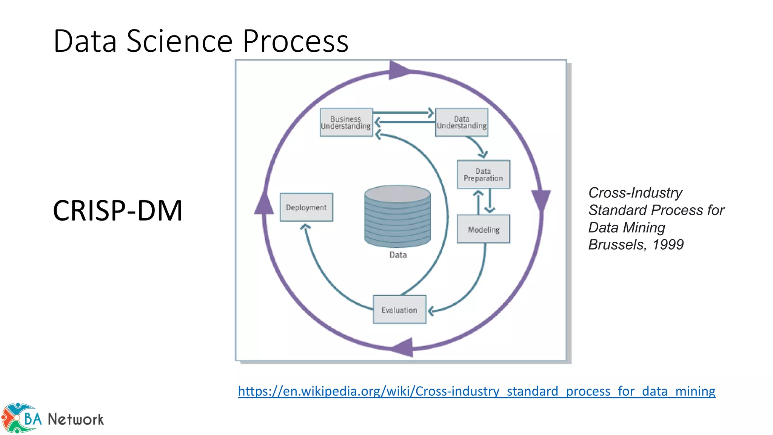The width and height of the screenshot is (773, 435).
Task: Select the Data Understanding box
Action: (x=461, y=122)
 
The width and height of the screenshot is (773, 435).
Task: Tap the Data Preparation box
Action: (x=483, y=174)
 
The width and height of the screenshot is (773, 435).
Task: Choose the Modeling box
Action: (x=483, y=229)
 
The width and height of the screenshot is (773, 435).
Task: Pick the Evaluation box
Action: (x=399, y=310)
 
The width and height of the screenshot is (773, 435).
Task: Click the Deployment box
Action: (x=306, y=207)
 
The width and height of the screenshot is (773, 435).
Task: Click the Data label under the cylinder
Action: (x=398, y=255)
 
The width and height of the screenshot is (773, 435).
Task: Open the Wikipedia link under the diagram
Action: (x=476, y=391)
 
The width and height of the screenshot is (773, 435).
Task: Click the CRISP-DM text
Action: (x=118, y=211)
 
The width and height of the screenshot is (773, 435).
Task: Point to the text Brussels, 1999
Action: (x=636, y=245)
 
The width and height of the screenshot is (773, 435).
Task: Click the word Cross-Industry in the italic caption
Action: (x=635, y=193)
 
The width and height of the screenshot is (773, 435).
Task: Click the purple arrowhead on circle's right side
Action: (x=541, y=199)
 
